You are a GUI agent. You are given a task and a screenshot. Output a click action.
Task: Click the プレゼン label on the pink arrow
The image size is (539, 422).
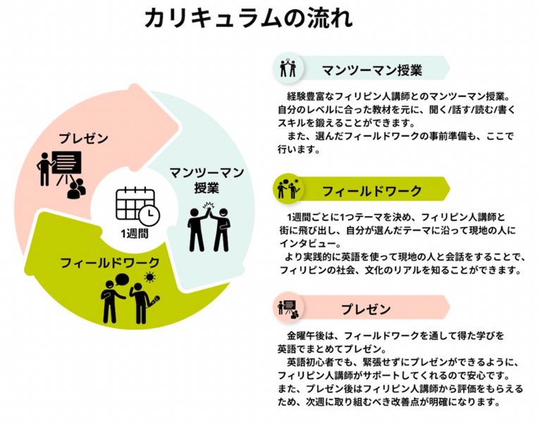[x=83, y=139]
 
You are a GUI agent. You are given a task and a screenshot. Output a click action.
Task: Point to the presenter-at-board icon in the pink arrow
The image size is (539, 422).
[x=62, y=172]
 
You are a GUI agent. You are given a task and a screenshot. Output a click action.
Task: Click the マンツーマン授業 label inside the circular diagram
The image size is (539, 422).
[x=206, y=179]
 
